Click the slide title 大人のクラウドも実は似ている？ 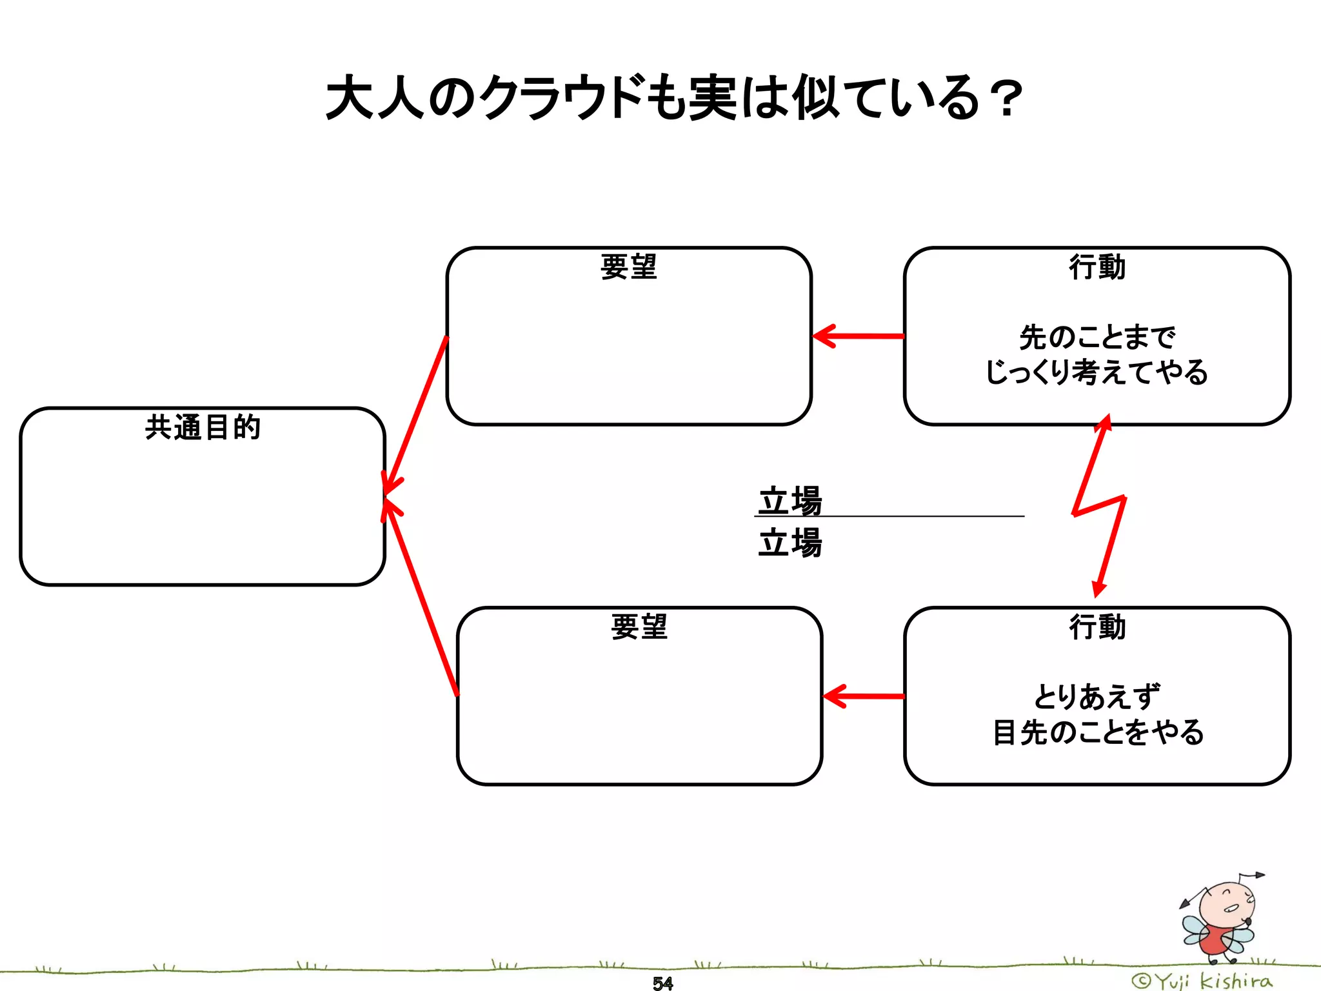coord(673,98)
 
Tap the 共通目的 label coord(203,427)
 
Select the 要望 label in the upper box coord(628,267)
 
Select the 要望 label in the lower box coord(639,626)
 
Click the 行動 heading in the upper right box coord(1097,267)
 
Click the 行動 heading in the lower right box coord(1097,626)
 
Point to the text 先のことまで coord(1097,337)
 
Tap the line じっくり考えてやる coord(1097,372)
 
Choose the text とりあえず coord(1097,697)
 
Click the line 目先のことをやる coord(1097,732)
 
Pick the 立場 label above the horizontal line coord(790,500)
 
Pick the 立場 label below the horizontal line coord(790,542)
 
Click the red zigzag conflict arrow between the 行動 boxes coord(1099,506)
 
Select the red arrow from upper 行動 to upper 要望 coord(858,336)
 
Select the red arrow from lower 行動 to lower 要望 coord(864,696)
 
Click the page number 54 coord(662,983)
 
